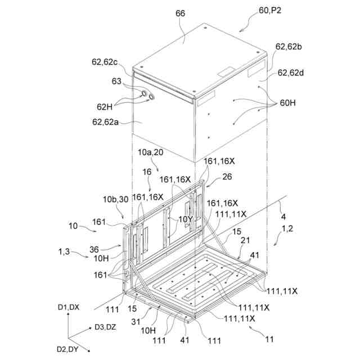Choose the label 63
click(116, 80)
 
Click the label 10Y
click(185, 219)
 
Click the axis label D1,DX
click(69, 307)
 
